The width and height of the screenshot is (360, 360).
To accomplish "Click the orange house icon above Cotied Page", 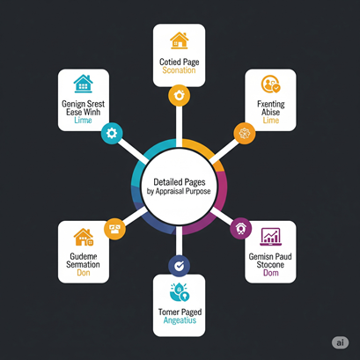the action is click(179, 40).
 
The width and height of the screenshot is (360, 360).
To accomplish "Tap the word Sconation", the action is click(179, 70).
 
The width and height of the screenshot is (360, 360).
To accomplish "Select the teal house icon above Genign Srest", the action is click(84, 84).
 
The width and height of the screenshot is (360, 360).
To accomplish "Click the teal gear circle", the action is click(112, 133).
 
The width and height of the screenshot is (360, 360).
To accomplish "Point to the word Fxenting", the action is click(271, 104).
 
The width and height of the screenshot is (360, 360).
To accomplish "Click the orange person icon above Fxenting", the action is click(271, 84).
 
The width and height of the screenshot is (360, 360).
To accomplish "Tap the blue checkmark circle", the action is click(179, 266).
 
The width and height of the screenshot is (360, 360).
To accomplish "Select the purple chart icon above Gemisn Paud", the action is click(270, 237).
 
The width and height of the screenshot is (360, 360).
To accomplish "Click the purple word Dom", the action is click(271, 273).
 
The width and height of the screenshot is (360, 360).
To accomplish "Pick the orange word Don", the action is click(84, 273).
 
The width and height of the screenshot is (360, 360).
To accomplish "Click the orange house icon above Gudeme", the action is click(84, 237).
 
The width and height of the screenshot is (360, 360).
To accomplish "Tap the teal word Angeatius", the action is click(180, 320).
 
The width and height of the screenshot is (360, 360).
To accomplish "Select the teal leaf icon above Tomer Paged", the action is click(180, 292).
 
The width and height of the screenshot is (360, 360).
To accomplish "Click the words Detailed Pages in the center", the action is click(180, 182).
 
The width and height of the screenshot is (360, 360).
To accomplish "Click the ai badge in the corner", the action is click(341, 342).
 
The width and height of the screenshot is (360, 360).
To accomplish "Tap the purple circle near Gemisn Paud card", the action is click(241, 229).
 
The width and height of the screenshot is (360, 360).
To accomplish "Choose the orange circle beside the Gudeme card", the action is click(114, 229).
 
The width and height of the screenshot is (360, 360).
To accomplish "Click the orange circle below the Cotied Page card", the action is click(179, 95).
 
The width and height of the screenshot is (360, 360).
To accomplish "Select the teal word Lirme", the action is click(83, 121).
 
